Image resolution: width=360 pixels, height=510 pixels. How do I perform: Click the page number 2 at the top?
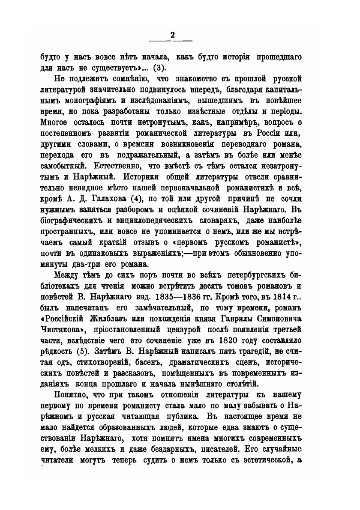coord(172,36)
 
